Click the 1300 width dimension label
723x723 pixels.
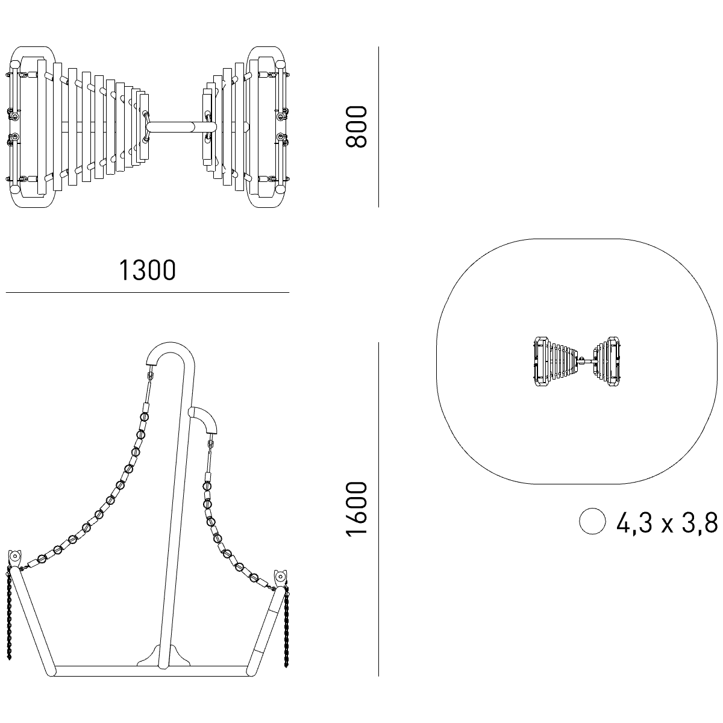pyautogui.click(x=147, y=270)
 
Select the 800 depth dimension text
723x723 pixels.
pyautogui.click(x=356, y=127)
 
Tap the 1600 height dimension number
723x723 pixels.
pyautogui.click(x=356, y=509)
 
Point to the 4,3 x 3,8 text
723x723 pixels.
pyautogui.click(x=667, y=522)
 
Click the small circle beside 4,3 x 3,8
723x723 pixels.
pyautogui.click(x=592, y=521)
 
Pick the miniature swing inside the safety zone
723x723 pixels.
pyautogui.click(x=577, y=361)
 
